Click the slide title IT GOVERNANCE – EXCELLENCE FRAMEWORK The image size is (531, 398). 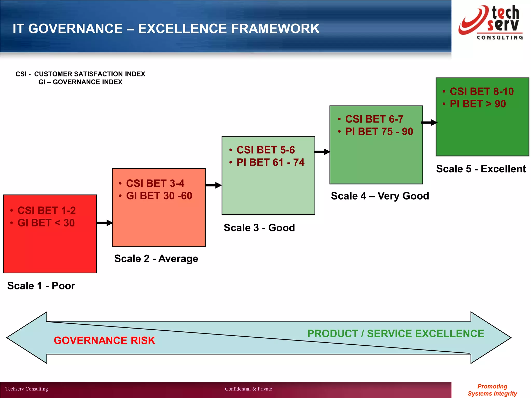pos(166,29)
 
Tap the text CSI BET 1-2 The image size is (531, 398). pos(46,210)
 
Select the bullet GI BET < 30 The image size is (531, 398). pos(46,223)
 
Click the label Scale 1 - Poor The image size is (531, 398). pos(41,286)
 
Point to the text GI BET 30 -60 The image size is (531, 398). pos(159,196)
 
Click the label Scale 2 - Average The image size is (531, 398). pos(156,259)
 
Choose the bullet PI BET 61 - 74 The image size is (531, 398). pos(270,162)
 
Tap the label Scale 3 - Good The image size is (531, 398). pos(259,228)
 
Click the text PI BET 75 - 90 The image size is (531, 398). pos(379,132)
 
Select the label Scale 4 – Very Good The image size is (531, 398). pos(380,196)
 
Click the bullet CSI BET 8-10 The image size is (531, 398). pos(481,91)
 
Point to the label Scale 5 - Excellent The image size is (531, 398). pos(481,169)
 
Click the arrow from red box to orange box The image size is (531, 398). pos(104,223)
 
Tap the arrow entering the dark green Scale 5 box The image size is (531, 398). pos(429,123)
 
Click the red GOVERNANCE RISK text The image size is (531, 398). pos(104,340)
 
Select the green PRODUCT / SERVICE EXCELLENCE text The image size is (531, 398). pos(396,334)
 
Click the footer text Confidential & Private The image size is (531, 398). pos(248,389)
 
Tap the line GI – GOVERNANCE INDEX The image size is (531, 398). pos(80,82)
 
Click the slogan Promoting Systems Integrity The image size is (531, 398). pos(492,390)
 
